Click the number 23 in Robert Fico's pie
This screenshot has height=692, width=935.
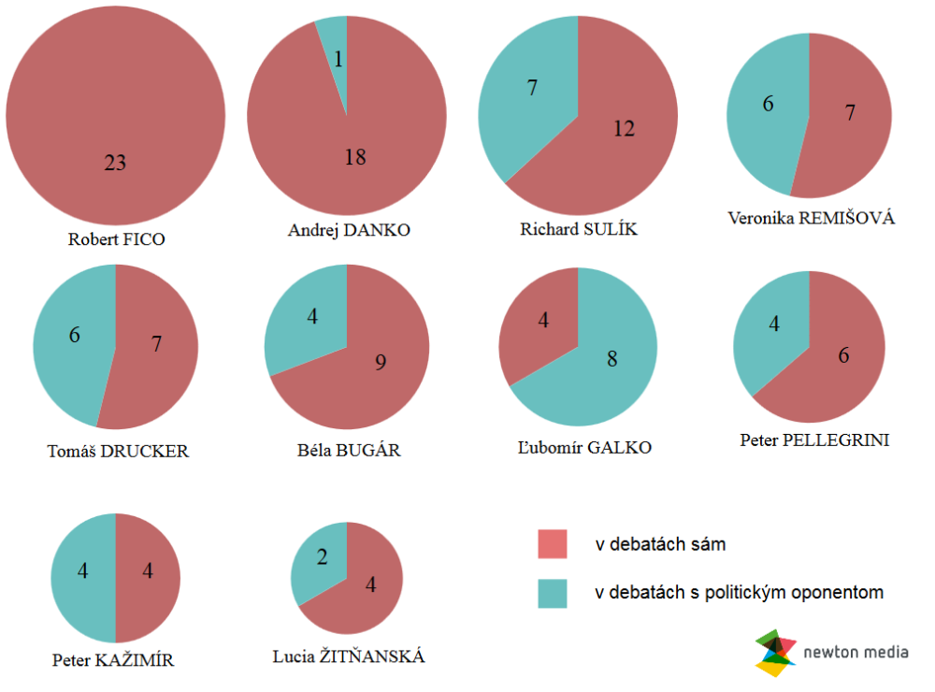coord(115,163)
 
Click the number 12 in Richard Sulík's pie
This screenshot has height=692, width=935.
coord(624,128)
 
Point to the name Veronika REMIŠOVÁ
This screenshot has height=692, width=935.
coord(811,218)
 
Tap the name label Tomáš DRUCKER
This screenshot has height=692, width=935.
coord(118,451)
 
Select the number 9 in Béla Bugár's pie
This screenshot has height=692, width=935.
coord(380,362)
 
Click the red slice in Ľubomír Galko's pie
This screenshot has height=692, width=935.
coord(538,323)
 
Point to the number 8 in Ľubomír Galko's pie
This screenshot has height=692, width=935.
coord(611,359)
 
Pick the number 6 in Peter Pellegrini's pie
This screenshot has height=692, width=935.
coord(843,355)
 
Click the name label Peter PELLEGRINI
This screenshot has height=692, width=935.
coord(813,439)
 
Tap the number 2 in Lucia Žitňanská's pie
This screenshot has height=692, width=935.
coord(322,558)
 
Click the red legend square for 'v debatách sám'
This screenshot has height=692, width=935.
coord(553,544)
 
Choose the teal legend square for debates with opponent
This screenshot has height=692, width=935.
coord(553,593)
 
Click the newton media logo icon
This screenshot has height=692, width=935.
coord(776,653)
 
